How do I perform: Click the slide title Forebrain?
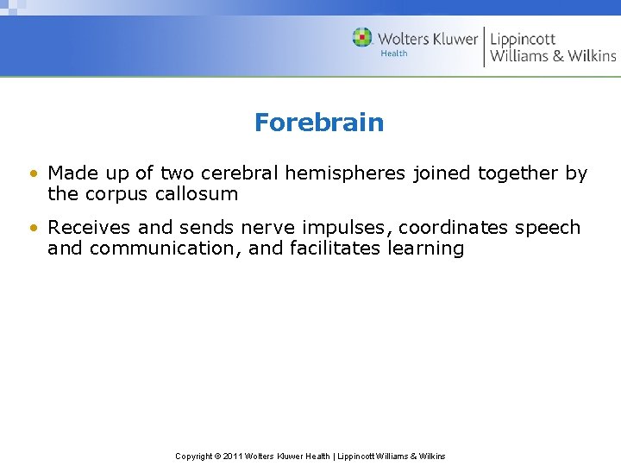tap(318, 123)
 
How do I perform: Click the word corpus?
tap(116, 194)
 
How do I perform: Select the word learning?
tap(426, 249)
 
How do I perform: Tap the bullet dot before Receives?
tap(33, 229)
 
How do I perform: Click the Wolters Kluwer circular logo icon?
tap(362, 38)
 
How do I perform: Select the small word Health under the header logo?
tap(394, 54)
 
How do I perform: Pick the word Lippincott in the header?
tap(523, 38)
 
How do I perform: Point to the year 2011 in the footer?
tap(233, 456)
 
